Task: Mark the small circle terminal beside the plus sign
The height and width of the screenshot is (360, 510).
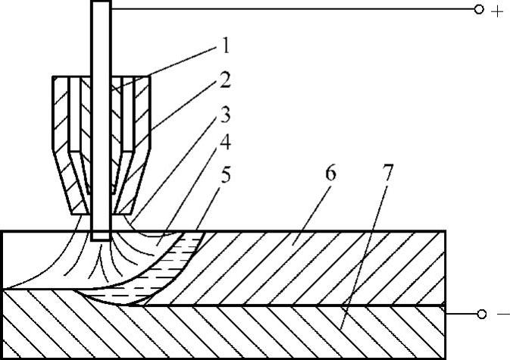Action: point(478,10)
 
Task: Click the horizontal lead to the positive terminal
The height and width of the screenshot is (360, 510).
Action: point(288,9)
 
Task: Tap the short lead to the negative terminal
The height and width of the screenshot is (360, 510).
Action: point(459,312)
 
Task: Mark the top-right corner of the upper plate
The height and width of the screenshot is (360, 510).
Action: point(444,230)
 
